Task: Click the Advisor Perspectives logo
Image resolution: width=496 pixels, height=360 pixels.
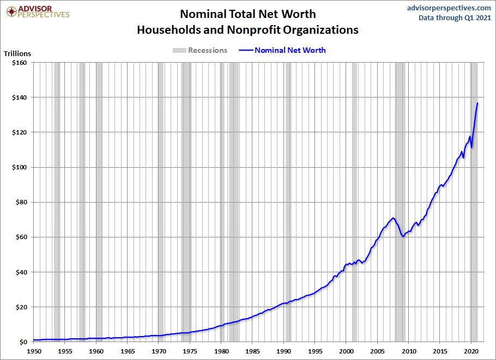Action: [x=37, y=11]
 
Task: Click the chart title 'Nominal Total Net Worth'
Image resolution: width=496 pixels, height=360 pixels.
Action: [x=248, y=14]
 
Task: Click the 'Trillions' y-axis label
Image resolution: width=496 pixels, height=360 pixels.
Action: [x=17, y=53]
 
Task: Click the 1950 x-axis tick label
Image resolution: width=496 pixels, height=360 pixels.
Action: [x=34, y=351]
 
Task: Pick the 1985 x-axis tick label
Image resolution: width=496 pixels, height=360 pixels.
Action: [x=252, y=351]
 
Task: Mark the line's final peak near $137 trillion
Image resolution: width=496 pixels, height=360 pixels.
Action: [x=477, y=103]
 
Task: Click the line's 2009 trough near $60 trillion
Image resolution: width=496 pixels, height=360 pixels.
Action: [x=402, y=236]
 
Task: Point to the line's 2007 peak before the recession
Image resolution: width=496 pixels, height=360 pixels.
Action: [x=393, y=218]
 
